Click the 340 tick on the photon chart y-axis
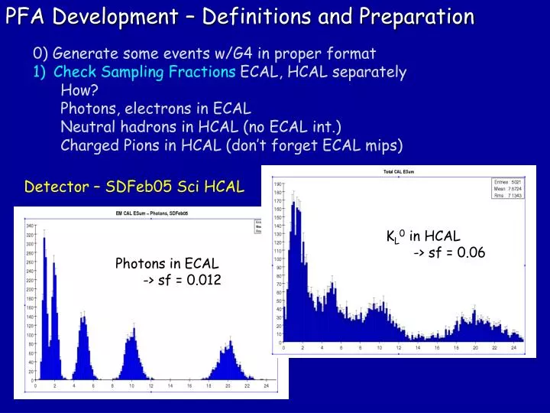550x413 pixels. [29, 226]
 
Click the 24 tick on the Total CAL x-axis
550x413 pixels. [513, 349]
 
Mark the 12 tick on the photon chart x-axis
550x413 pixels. [150, 387]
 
